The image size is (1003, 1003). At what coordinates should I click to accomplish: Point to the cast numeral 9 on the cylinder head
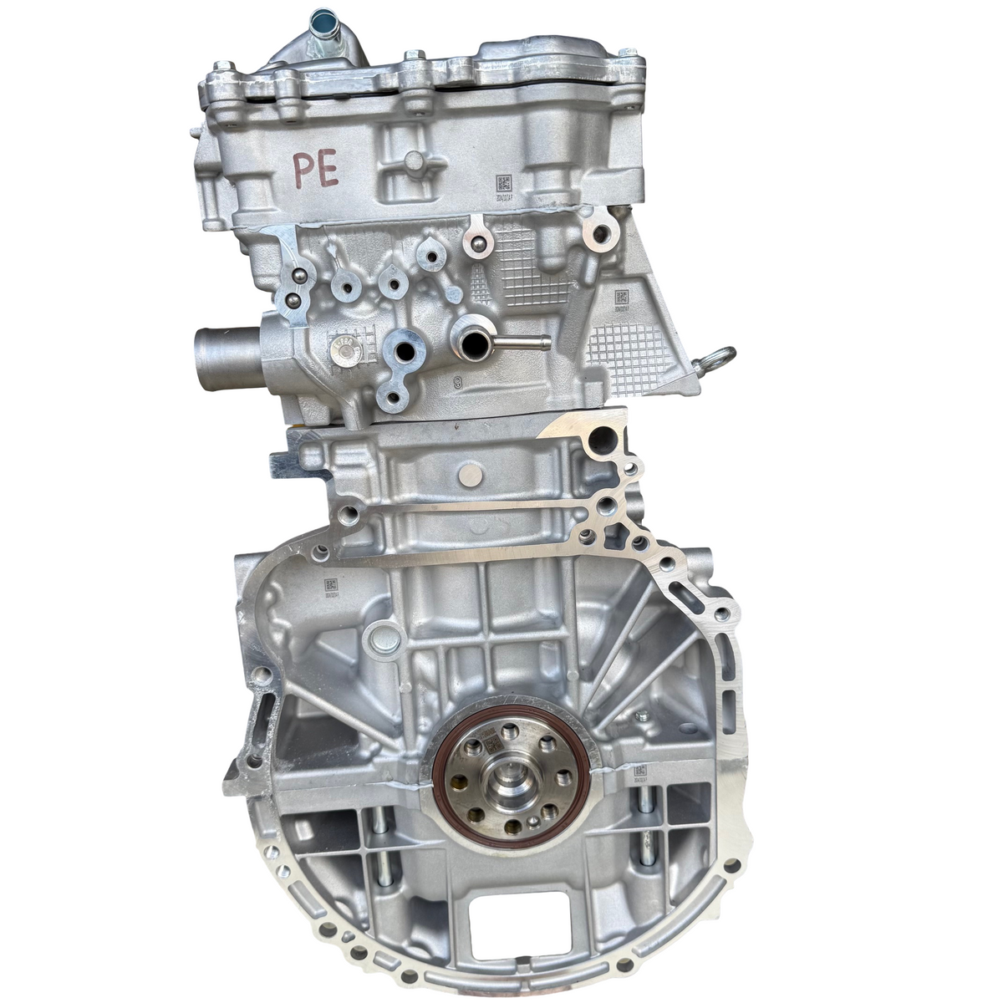pyautogui.click(x=457, y=384)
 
